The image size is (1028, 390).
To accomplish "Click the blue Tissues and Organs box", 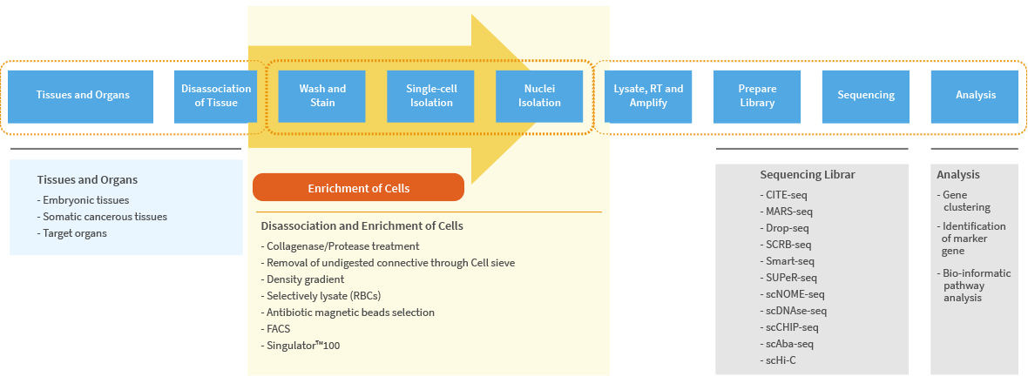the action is [83, 96].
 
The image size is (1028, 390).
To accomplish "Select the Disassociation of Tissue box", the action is [216, 96].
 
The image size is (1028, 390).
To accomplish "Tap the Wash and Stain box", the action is [322, 96].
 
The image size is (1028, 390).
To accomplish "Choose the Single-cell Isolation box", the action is [430, 96].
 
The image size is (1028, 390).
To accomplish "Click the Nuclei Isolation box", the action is [539, 96].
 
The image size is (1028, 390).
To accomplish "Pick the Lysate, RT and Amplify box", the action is [648, 96].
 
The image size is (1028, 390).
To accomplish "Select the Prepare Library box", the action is [757, 96].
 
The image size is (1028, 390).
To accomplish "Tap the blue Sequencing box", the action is [866, 96].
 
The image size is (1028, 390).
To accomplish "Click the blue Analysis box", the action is [975, 96].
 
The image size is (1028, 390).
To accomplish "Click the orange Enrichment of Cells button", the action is [359, 187].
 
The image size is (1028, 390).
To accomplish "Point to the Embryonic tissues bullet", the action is [84, 200].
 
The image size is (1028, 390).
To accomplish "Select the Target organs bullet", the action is [72, 232].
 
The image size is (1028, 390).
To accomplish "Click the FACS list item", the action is [275, 328].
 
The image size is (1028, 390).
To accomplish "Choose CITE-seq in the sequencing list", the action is [783, 195].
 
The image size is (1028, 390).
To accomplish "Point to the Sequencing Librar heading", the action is [808, 174].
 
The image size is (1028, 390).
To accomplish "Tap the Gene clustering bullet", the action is [964, 200].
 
